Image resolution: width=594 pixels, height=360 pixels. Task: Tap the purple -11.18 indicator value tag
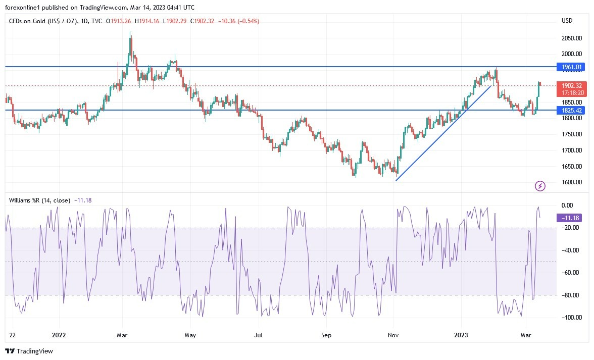pos(570,218)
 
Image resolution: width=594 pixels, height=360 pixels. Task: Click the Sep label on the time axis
pos(326,334)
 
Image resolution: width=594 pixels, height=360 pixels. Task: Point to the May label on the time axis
pos(190,334)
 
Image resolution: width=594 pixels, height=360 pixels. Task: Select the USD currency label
pos(567,21)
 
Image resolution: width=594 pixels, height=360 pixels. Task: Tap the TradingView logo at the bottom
pos(29,351)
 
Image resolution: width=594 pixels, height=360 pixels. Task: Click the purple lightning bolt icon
pos(540,186)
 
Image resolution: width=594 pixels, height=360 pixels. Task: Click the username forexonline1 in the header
pos(23,7)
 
